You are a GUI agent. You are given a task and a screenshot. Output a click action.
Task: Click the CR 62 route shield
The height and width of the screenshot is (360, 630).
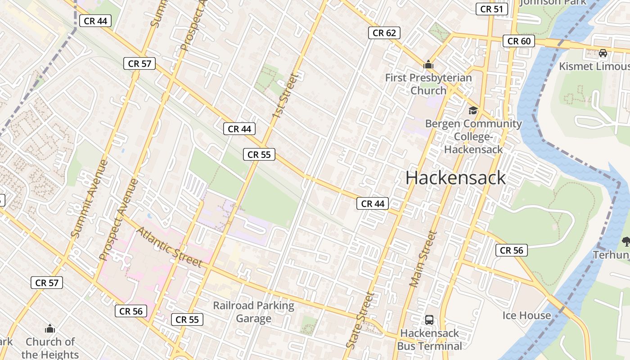click(x=384, y=33)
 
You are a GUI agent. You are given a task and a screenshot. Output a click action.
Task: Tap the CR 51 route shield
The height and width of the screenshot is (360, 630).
click(x=492, y=9)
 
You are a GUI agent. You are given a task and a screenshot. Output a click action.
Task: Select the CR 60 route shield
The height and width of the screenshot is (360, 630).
click(x=519, y=41)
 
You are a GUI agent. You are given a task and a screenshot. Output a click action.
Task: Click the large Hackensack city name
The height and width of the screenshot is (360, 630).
click(x=455, y=178)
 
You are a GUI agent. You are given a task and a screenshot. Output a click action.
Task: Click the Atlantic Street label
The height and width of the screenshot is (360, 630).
click(x=169, y=247)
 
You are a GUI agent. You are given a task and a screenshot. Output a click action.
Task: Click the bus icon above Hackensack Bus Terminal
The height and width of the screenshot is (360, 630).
click(x=429, y=320)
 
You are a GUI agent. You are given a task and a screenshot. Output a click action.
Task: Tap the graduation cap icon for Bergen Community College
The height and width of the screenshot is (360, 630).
click(x=473, y=111)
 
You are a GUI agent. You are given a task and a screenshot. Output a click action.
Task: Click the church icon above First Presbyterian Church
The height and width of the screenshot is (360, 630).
click(x=428, y=65)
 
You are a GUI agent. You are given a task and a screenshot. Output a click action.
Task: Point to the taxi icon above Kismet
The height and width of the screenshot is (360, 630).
click(x=603, y=53)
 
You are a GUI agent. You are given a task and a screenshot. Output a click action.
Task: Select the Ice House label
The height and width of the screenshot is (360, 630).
click(x=526, y=315)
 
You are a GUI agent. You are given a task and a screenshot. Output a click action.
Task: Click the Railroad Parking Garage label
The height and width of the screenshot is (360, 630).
click(x=254, y=312)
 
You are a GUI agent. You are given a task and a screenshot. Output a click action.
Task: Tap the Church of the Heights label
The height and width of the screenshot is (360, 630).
click(x=50, y=348)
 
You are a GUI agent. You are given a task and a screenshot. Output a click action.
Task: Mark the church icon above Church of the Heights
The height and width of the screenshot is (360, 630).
click(x=50, y=328)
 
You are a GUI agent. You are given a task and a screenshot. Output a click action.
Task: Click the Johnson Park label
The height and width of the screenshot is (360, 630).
click(x=553, y=2)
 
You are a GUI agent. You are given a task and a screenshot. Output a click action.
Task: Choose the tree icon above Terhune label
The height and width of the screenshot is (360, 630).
click(x=625, y=242)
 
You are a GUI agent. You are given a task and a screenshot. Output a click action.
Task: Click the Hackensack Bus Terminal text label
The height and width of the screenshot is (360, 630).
click(x=429, y=339)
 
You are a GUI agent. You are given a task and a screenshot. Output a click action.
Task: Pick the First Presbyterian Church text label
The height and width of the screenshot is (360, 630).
click(x=428, y=84)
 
